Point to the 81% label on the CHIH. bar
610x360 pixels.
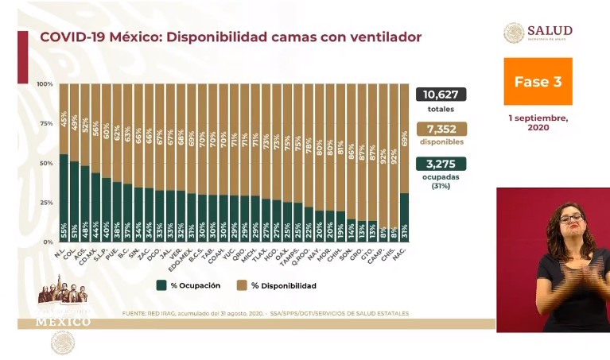click(x=340, y=146)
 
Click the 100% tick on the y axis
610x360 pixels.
click(x=45, y=84)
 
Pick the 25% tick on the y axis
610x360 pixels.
click(x=47, y=203)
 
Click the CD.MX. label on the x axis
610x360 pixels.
click(x=95, y=255)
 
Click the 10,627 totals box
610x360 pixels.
click(x=441, y=95)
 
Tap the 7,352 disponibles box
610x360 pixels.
click(x=441, y=129)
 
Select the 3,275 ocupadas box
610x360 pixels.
click(x=441, y=164)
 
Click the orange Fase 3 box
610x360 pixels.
click(x=538, y=81)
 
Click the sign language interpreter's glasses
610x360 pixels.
click(x=570, y=218)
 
